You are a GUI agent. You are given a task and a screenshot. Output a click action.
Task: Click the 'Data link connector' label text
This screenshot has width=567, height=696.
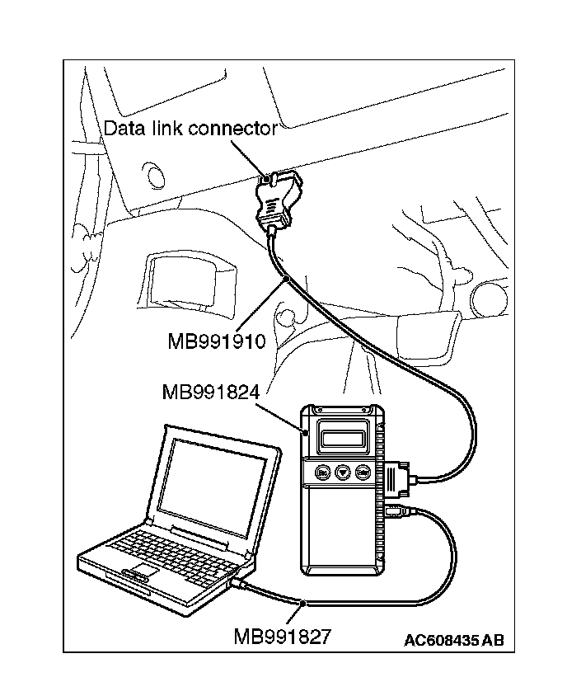[190, 129]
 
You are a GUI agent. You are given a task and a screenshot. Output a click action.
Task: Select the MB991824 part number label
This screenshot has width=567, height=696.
[212, 393]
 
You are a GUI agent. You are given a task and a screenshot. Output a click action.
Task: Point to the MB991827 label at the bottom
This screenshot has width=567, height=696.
[283, 637]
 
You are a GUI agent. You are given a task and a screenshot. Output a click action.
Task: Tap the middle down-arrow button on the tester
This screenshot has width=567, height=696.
[342, 473]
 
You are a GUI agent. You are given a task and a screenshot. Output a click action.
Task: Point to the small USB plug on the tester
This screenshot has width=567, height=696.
[395, 513]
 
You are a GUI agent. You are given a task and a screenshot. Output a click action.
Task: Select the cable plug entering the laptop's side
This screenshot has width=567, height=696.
[239, 584]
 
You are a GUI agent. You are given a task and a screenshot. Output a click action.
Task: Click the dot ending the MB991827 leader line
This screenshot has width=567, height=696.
[304, 605]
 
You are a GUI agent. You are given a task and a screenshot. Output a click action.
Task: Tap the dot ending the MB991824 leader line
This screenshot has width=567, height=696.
[305, 431]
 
